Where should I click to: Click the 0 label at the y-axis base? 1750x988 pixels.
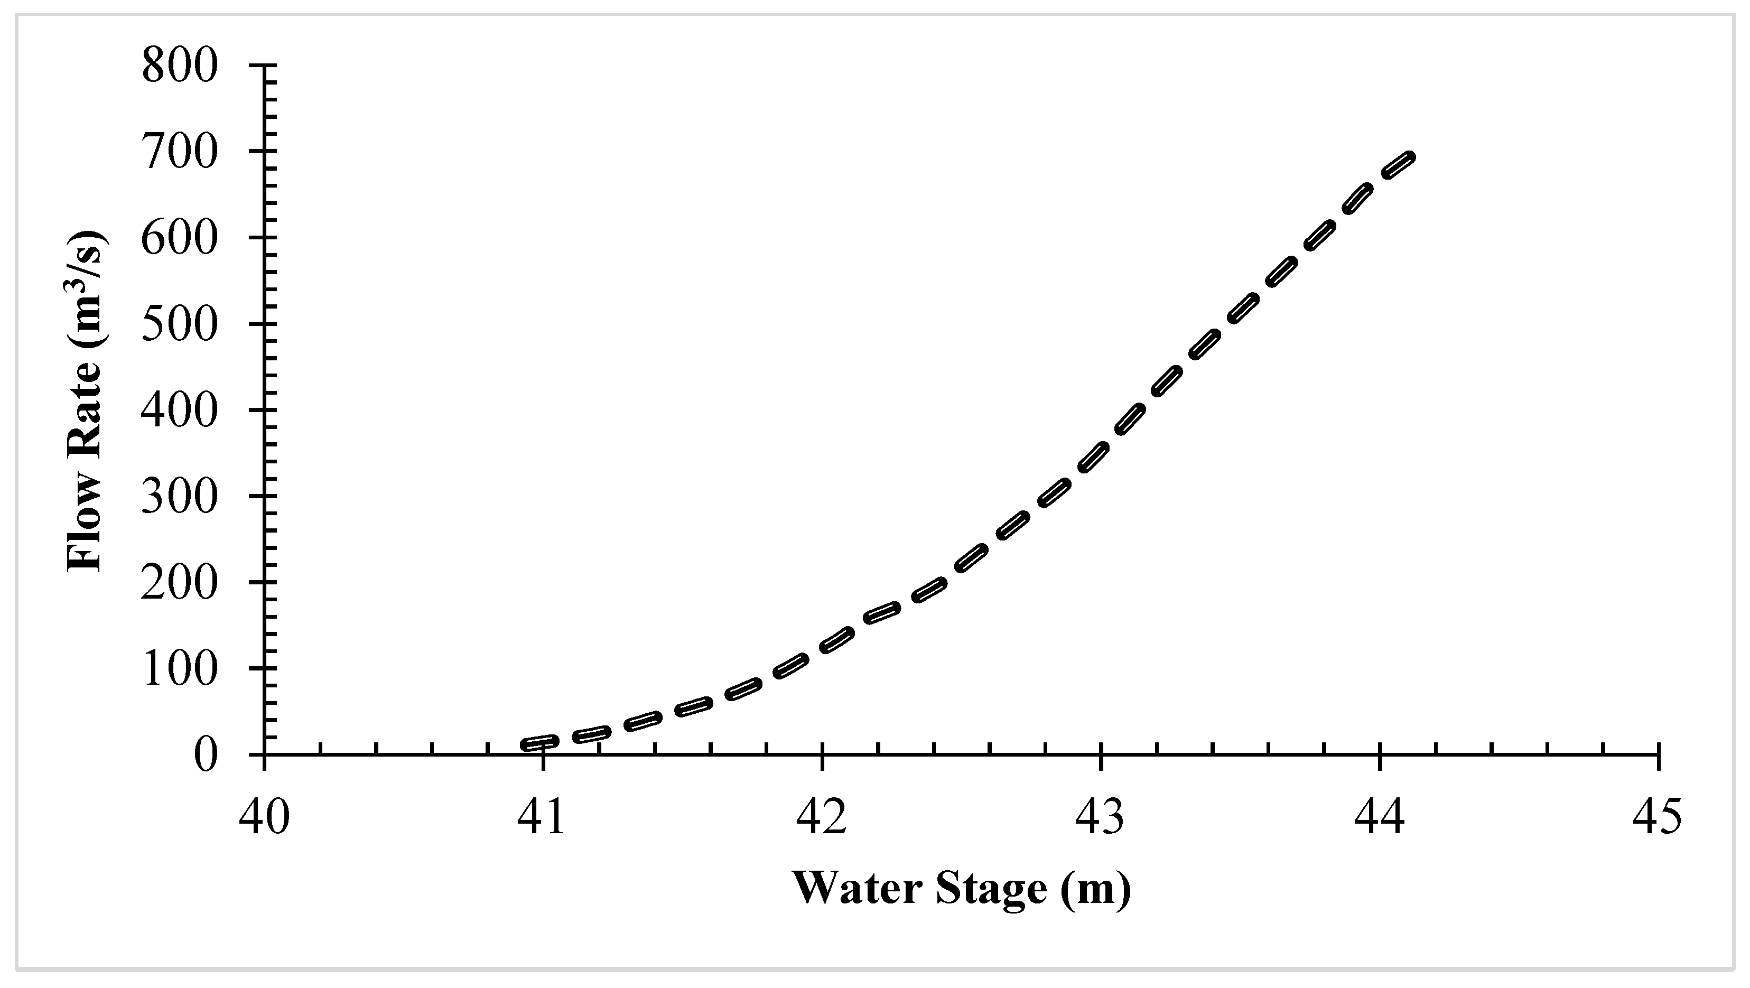(207, 756)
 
